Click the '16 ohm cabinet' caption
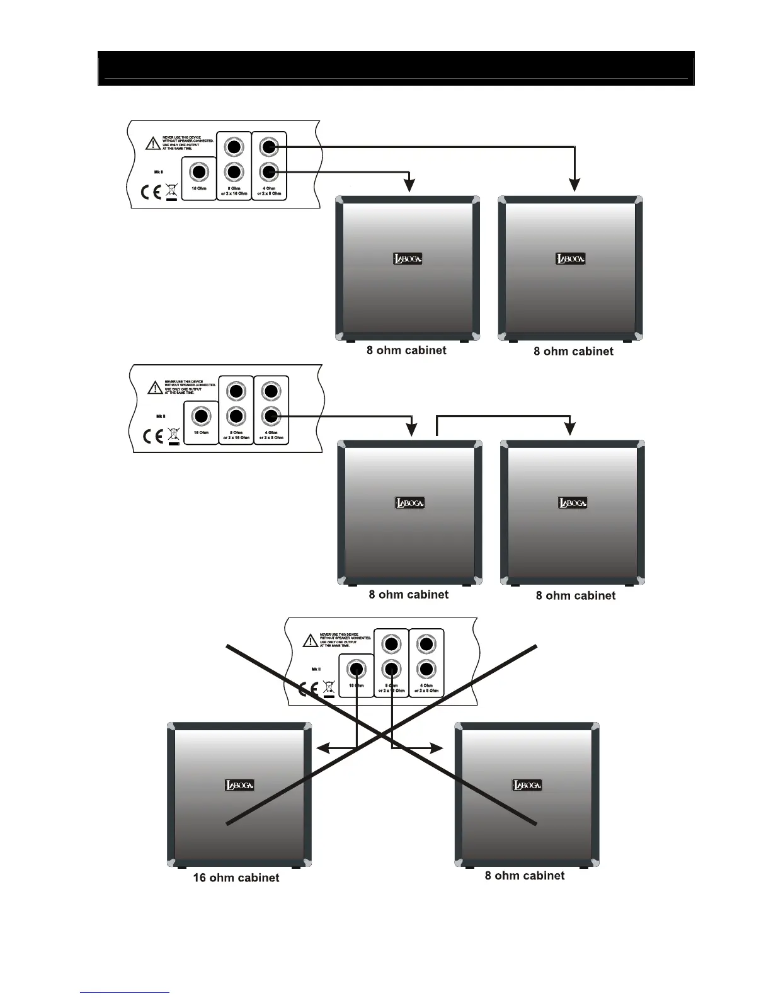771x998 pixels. click(236, 878)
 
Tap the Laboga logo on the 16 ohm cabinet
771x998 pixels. click(239, 785)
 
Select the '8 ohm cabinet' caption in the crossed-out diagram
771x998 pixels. click(524, 875)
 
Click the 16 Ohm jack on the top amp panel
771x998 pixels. click(199, 172)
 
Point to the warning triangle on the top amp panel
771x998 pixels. click(153, 144)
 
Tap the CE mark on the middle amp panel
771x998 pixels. click(153, 436)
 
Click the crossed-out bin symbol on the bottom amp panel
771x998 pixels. click(328, 689)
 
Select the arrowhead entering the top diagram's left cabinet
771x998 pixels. click(409, 185)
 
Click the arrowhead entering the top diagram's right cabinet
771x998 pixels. click(574, 184)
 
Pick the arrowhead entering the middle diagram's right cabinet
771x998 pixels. click(570, 428)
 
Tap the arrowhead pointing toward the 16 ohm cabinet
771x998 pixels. click(323, 748)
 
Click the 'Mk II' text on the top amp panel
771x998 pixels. click(159, 171)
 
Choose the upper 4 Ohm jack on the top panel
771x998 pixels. click(269, 147)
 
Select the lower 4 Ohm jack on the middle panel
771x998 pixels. click(271, 416)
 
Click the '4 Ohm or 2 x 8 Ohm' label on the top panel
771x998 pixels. click(269, 191)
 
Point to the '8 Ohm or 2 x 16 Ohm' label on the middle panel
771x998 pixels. click(236, 435)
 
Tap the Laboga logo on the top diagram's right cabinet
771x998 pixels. click(570, 259)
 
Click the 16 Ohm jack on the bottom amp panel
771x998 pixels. click(357, 669)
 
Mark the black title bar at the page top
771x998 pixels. click(396, 67)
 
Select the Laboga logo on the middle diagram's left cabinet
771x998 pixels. click(409, 503)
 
